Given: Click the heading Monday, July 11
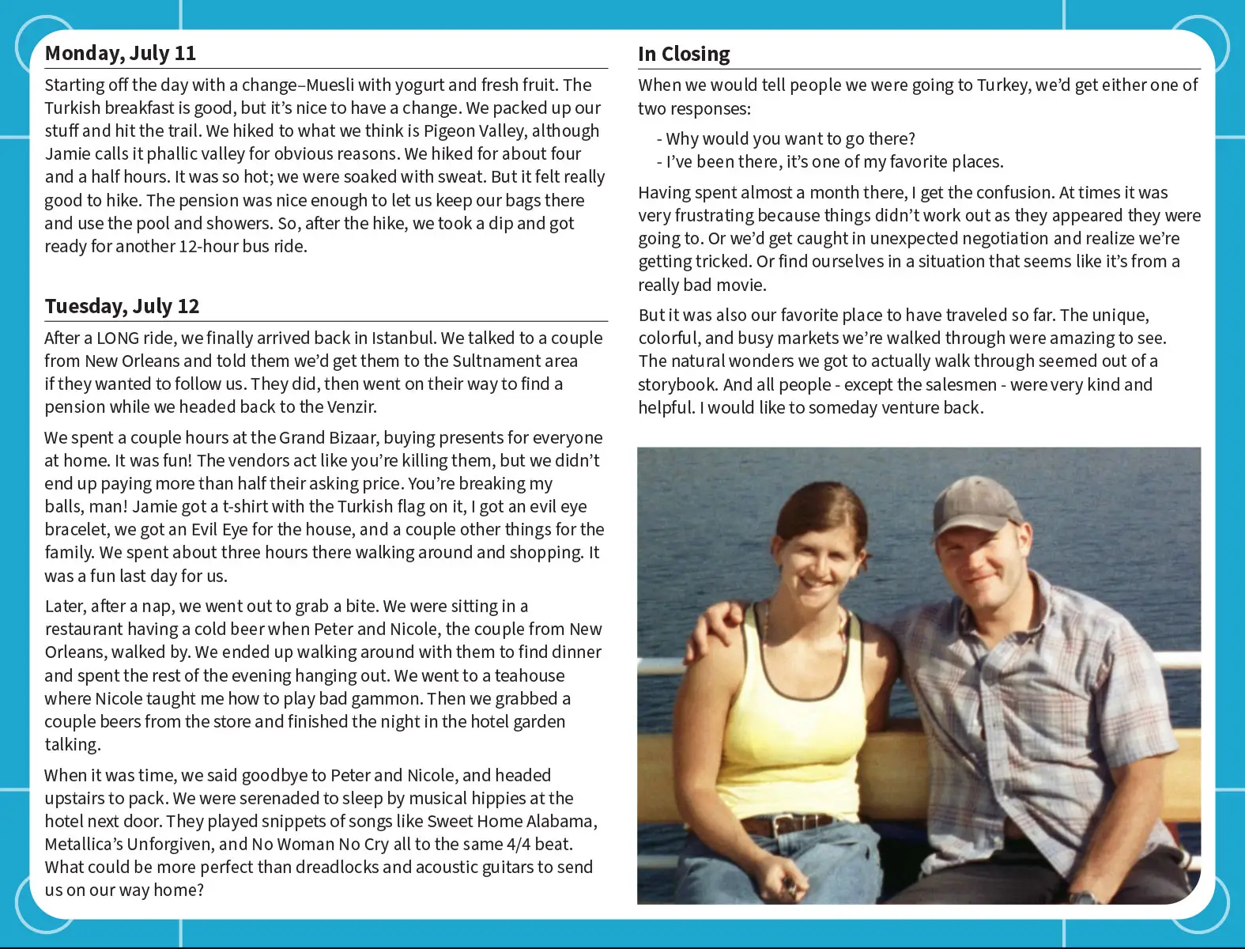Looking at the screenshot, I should point(120,53).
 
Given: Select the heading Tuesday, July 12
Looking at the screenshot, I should point(122,306).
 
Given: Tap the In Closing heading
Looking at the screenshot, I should point(684,54).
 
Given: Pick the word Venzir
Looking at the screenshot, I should point(351,407).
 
